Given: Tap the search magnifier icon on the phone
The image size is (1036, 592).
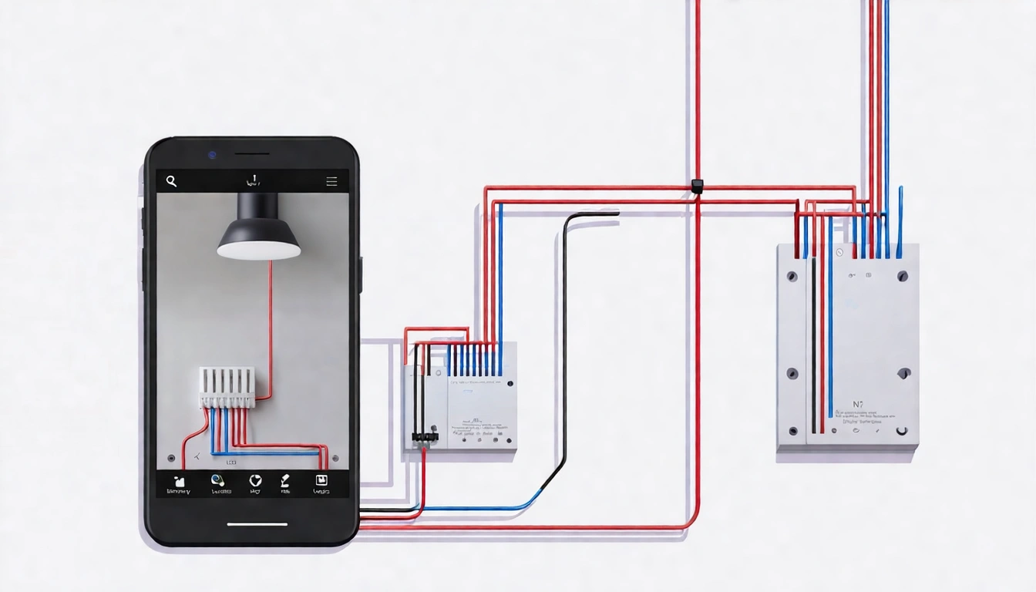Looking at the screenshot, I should tap(171, 181).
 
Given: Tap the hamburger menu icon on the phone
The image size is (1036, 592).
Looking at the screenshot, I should tap(331, 182).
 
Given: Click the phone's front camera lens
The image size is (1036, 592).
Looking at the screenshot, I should tap(212, 155).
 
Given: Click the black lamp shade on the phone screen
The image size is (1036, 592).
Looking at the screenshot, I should tap(258, 228).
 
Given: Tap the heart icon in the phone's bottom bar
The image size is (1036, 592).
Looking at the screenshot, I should tap(255, 481).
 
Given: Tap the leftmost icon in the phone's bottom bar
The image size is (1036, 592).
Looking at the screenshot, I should tap(180, 482).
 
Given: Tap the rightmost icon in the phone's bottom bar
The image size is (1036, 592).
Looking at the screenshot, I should tap(320, 482).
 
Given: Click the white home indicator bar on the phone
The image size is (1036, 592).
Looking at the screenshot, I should tap(257, 525).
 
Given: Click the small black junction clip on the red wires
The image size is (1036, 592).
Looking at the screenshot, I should tap(697, 186).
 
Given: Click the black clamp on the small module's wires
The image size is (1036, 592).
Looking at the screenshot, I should tap(424, 437).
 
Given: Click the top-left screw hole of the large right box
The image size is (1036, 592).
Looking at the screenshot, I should tap(792, 276).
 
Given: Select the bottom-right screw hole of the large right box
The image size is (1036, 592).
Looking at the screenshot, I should tap(903, 430).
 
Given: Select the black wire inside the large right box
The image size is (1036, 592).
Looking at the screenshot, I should tap(812, 347).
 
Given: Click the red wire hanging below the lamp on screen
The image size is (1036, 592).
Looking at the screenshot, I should tap(271, 324).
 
